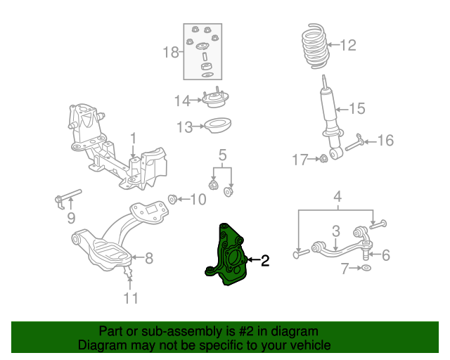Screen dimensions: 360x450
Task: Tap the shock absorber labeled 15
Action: click(x=328, y=112)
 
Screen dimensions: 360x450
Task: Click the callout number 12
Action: click(x=348, y=46)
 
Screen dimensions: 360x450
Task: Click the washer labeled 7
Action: click(x=366, y=269)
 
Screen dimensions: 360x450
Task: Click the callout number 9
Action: click(x=70, y=219)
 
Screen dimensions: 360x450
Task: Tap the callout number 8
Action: click(x=148, y=258)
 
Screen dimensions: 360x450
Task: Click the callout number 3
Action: click(x=336, y=230)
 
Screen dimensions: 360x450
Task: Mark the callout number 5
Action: click(x=221, y=154)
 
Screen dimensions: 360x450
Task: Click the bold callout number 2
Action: click(x=265, y=262)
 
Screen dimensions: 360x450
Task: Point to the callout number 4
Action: click(x=337, y=196)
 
